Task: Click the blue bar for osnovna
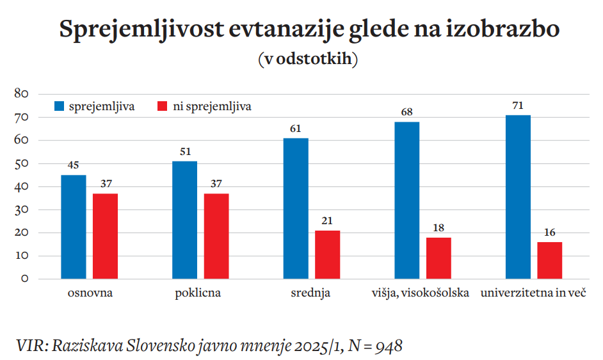73,227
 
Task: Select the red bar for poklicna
216,236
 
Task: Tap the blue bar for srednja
295,208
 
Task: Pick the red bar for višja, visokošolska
438,258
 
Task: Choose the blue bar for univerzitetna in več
518,197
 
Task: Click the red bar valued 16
550,260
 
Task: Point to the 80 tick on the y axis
22,94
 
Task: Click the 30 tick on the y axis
22,209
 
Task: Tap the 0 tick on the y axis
25,279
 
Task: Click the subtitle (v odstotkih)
308,59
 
